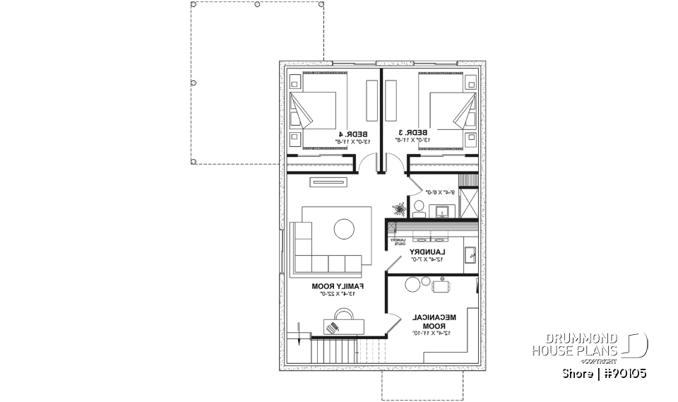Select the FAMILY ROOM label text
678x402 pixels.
[x=338, y=286]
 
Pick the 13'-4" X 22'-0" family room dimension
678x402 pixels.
[x=338, y=293]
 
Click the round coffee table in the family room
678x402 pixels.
[x=345, y=229]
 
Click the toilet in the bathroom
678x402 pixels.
[x=418, y=208]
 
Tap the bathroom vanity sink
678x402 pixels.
[x=443, y=211]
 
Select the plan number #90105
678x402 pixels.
[x=624, y=373]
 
